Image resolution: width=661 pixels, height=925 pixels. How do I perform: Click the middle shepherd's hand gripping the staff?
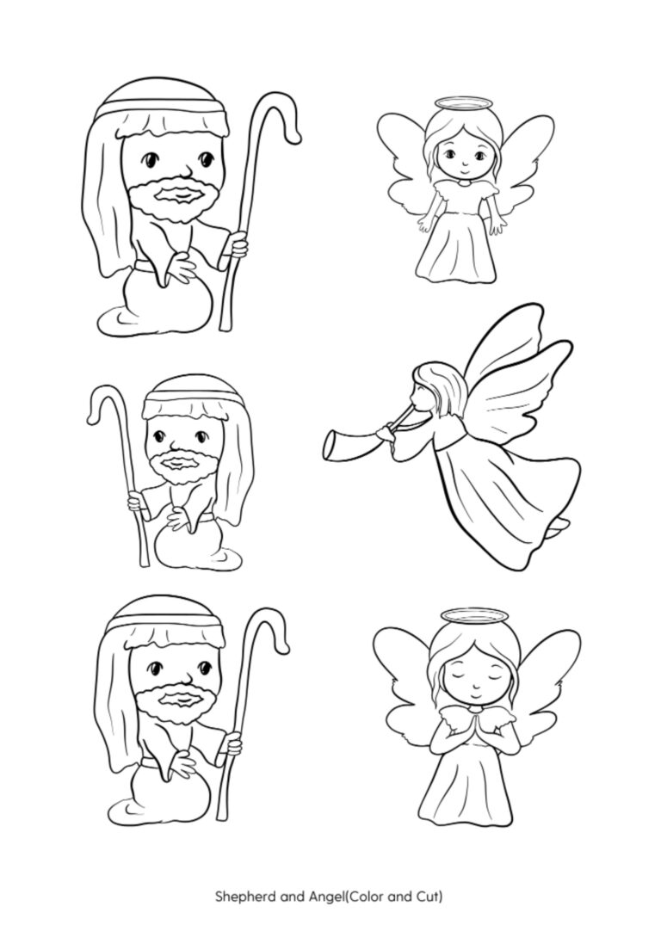coord(135,503)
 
